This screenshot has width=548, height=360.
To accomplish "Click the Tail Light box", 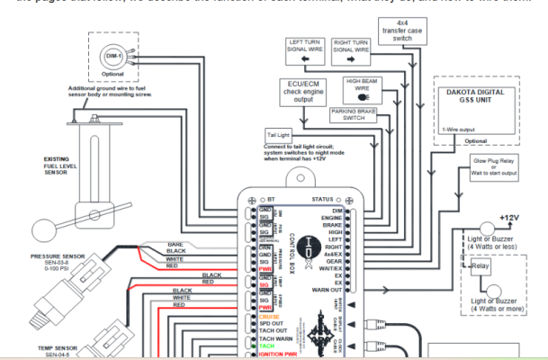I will click(x=277, y=135).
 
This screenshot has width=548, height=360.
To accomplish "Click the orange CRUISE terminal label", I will click(x=267, y=316).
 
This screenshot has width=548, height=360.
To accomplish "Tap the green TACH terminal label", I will click(x=264, y=346).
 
